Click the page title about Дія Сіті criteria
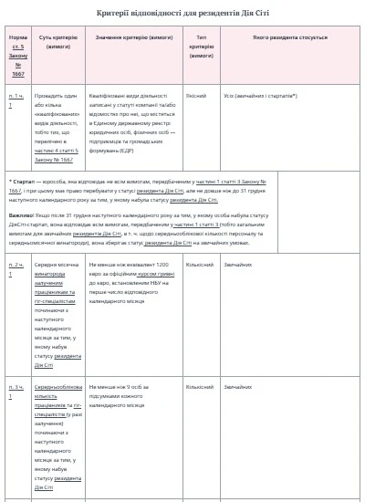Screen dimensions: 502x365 pyautogui.click(x=182, y=12)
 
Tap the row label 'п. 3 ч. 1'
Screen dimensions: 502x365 pyautogui.click(x=16, y=387)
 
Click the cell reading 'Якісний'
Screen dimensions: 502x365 pyautogui.click(x=195, y=94)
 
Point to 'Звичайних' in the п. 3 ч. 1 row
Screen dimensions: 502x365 pyautogui.click(x=239, y=387)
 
